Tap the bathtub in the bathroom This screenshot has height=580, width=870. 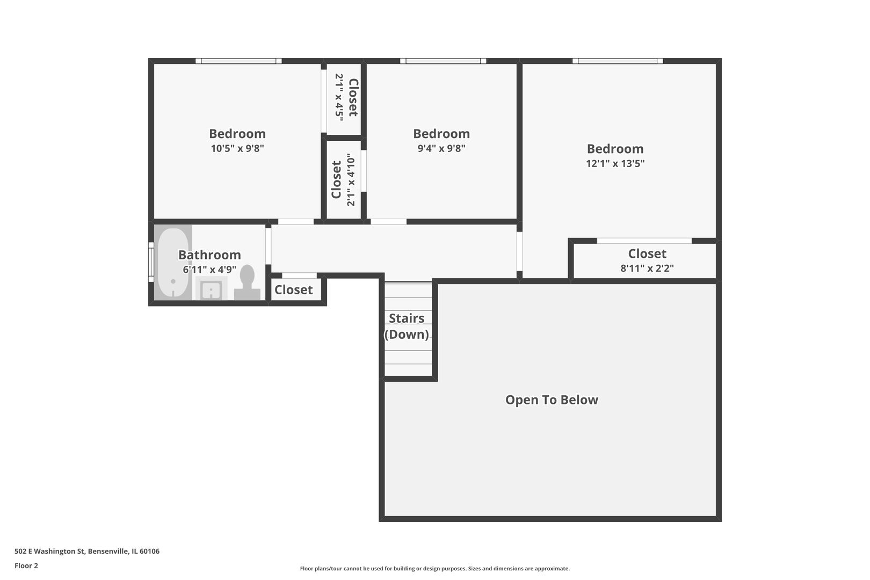point(172,263)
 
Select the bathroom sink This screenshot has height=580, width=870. point(211,289)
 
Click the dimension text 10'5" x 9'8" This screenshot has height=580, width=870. point(237,148)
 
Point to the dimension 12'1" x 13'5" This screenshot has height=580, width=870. point(615,163)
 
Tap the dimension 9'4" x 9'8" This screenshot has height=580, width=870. point(441,148)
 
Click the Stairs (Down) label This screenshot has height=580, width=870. point(407,326)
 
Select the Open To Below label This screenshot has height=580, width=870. point(552,400)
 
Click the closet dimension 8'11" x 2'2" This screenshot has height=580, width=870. point(647,268)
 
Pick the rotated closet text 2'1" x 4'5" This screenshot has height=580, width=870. point(339,97)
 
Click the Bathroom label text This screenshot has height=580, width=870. point(209,255)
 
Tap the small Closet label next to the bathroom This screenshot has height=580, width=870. point(293,290)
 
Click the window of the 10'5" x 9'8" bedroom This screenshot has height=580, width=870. point(238,61)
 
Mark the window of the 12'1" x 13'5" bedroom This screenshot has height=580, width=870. point(617,61)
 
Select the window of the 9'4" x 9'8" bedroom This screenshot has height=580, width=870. point(443,61)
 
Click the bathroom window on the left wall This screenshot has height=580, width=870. point(151,262)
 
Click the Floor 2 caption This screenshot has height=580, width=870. point(26,565)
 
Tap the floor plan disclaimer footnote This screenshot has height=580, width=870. point(434,568)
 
